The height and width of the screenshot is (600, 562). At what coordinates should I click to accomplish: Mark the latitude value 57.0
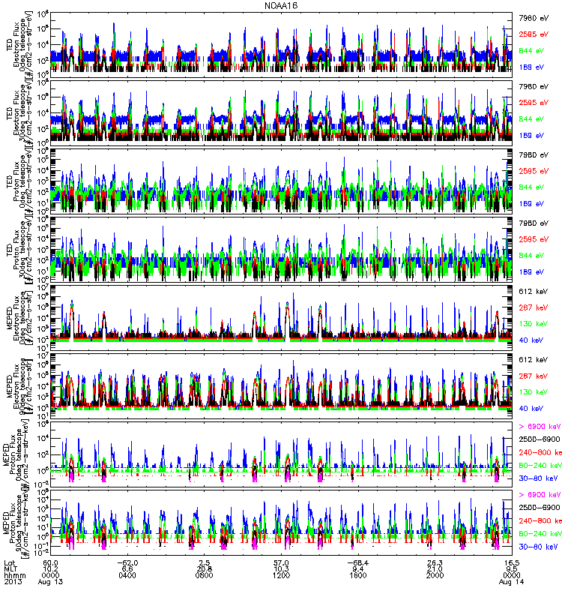point(281,562)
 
